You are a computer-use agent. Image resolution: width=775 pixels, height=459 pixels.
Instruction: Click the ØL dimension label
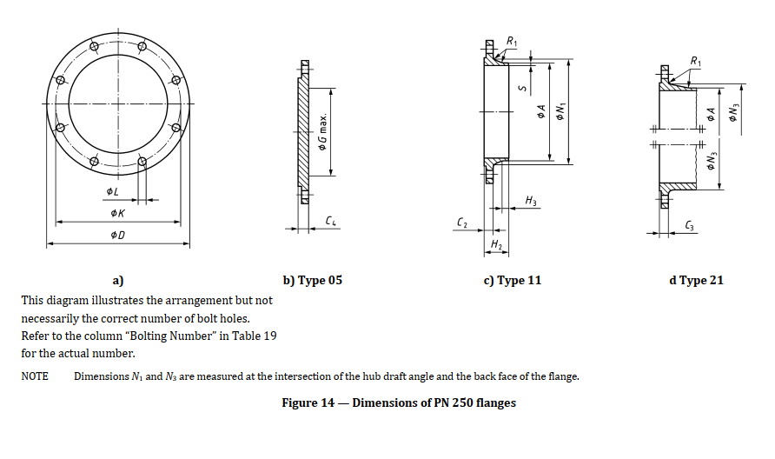[x=112, y=191]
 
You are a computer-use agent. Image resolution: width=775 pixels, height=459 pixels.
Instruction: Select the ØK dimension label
[x=117, y=213]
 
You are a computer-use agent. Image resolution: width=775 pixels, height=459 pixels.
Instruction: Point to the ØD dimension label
[x=117, y=235]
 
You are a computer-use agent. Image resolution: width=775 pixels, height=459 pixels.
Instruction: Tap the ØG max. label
[x=322, y=132]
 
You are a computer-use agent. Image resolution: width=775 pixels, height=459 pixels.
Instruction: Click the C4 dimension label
[x=331, y=221]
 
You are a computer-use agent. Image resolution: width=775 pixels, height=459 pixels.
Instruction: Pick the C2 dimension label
[x=461, y=223]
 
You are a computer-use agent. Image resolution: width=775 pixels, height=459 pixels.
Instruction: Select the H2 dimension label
[x=496, y=244]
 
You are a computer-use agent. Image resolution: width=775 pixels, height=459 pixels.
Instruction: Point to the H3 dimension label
[x=530, y=200]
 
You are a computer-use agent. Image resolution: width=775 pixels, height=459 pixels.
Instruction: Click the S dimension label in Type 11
[x=522, y=88]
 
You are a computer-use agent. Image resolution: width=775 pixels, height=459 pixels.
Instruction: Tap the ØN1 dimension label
[x=560, y=110]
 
